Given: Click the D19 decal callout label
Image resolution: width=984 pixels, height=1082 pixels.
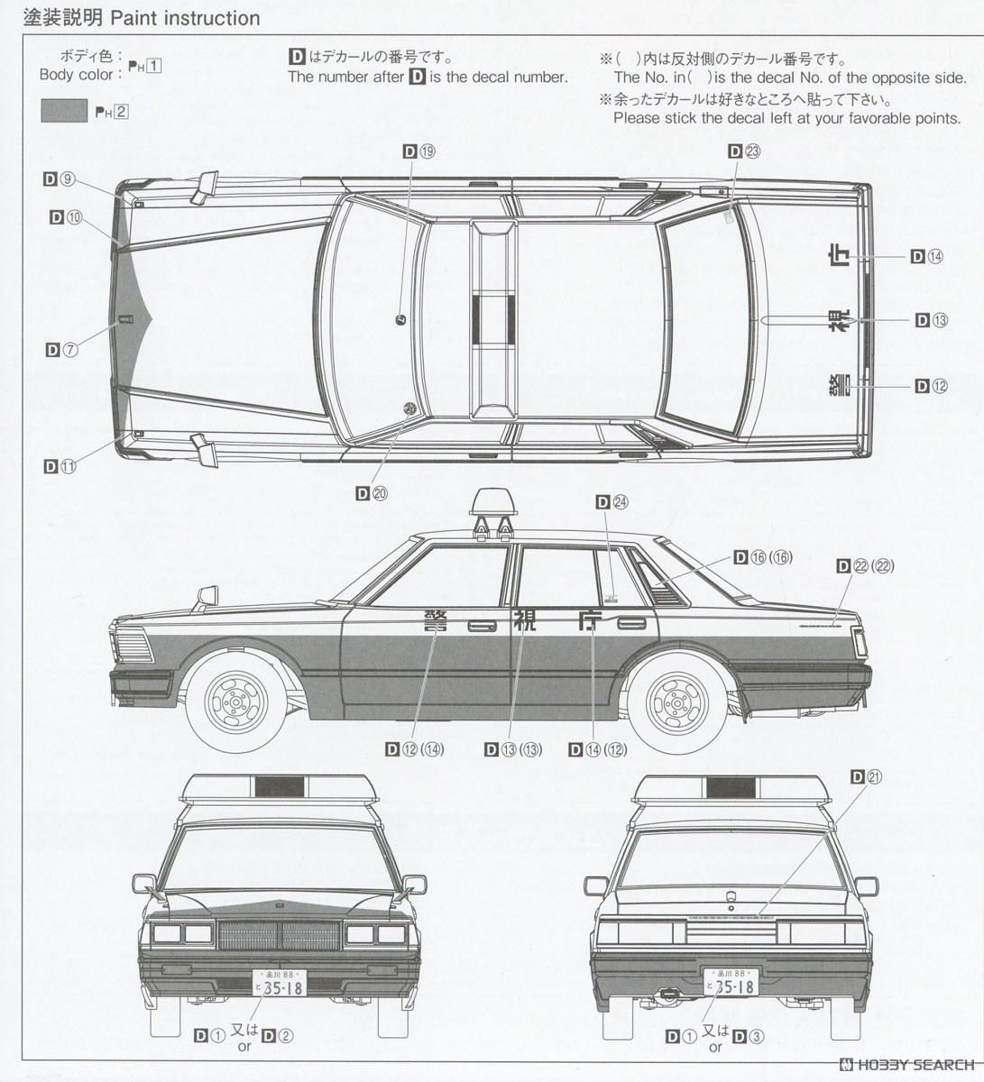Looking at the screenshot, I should (418, 151).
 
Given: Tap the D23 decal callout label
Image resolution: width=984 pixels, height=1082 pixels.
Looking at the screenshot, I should (744, 151).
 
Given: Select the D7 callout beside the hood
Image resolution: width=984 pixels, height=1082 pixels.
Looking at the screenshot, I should (62, 350).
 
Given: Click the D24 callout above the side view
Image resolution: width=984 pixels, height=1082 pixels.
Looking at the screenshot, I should (612, 503).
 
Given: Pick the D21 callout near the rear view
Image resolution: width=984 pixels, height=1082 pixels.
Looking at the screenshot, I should (866, 776).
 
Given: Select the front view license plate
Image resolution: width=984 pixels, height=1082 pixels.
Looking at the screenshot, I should (280, 982).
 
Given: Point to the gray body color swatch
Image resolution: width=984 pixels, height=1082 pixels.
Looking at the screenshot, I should (63, 112).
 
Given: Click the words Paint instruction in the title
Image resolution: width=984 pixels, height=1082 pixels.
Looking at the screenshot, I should (185, 18).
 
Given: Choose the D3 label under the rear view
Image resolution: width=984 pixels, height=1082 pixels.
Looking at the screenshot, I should (748, 1036).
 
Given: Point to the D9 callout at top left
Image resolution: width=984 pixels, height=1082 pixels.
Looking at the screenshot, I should (58, 179).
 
